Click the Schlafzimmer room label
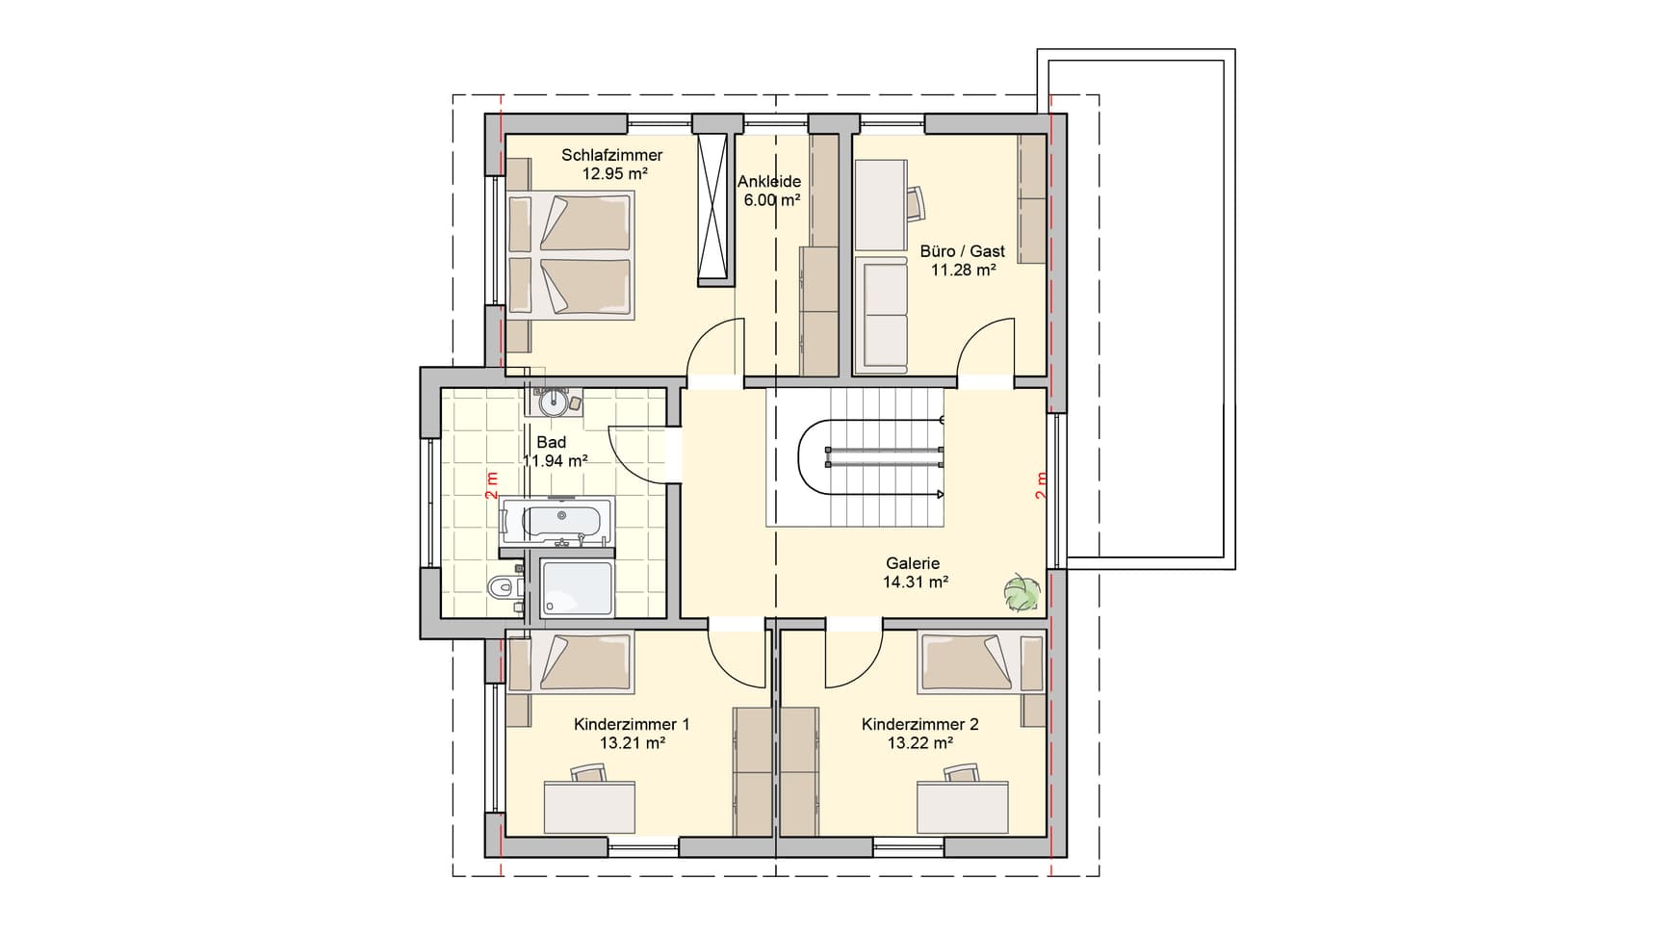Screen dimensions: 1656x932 (x=612, y=155)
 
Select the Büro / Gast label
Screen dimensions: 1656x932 (x=963, y=251)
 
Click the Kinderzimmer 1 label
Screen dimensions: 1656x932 (x=632, y=724)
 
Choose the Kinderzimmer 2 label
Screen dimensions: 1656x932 (x=920, y=724)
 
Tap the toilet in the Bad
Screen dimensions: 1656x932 (x=504, y=586)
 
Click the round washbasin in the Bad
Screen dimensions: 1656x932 (x=555, y=401)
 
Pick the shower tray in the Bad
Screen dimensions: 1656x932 (x=577, y=588)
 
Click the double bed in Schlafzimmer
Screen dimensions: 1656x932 (x=571, y=255)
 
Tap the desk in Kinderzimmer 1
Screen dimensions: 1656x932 (x=590, y=808)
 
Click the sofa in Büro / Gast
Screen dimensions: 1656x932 (x=881, y=315)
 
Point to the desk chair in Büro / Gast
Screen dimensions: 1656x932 (x=915, y=202)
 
